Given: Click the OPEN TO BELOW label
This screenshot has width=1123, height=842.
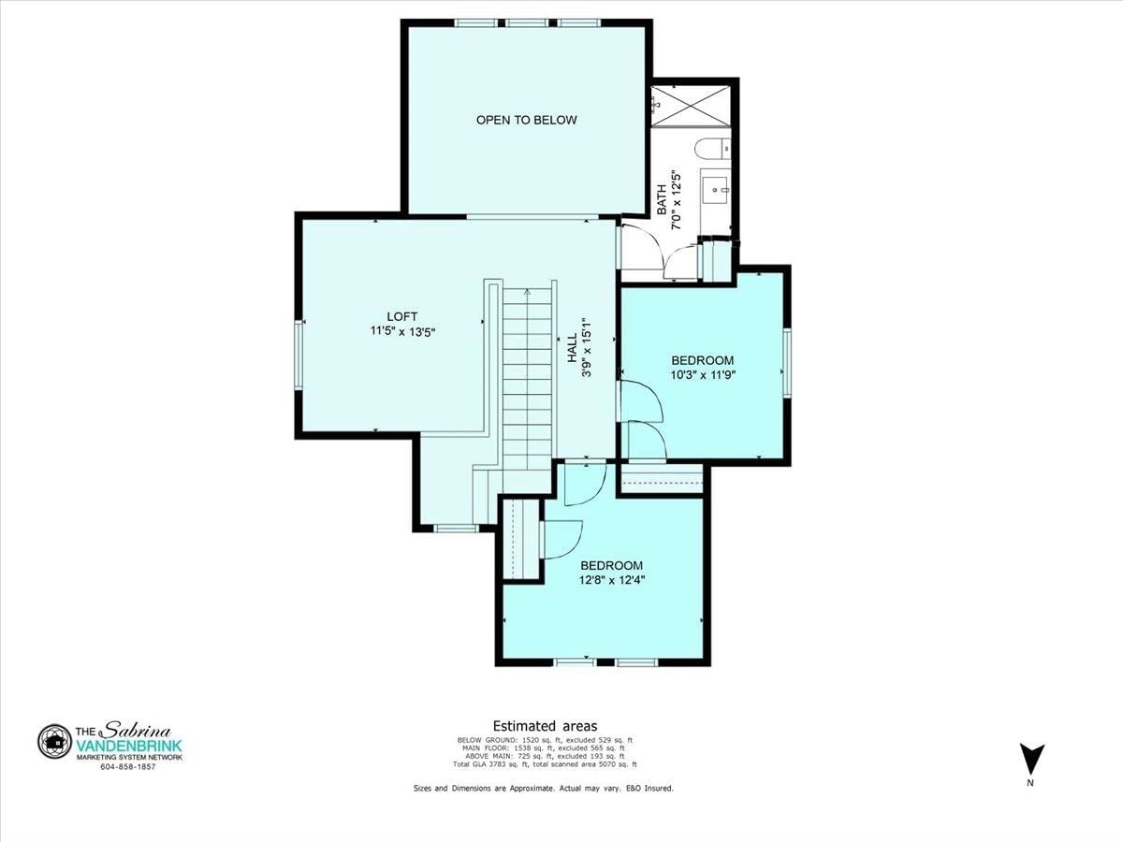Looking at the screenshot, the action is tap(527, 120).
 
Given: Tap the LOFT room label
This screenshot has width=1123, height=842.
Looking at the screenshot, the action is tap(402, 316).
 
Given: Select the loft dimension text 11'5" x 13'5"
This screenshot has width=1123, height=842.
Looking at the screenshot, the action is tap(402, 332).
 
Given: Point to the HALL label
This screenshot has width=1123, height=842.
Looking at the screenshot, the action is tap(572, 348).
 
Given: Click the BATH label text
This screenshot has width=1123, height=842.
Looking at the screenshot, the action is tap(662, 199).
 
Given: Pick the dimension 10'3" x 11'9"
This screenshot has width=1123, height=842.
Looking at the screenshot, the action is tap(703, 375).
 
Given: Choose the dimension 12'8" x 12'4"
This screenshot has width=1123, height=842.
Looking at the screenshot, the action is tap(612, 580).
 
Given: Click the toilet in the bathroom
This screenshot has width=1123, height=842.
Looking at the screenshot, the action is tap(712, 148).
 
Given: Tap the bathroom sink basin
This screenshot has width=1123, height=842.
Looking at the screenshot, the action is tap(716, 190).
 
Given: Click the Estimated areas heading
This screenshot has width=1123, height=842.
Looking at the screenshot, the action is tap(545, 726).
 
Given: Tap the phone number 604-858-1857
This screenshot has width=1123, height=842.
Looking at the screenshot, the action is tap(128, 767).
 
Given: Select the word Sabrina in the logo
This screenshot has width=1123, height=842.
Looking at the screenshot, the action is tap(138, 730).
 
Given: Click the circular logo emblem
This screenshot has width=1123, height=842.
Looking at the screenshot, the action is tap(54, 741).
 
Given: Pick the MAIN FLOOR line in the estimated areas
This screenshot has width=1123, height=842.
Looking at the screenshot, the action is tap(545, 748).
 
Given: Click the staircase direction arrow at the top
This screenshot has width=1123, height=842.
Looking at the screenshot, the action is tap(528, 293).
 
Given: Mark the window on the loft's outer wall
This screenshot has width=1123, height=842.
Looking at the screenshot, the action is tap(299, 356).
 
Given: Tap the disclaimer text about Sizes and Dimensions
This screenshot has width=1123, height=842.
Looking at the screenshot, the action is tap(544, 789).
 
